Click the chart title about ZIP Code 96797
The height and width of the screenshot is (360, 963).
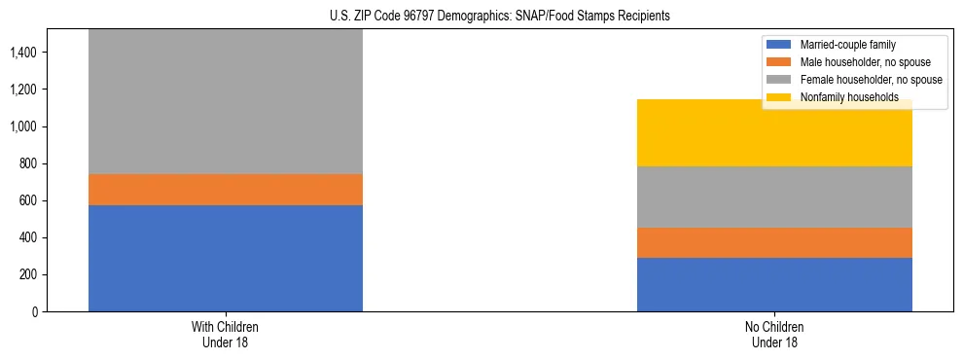coord(481,17)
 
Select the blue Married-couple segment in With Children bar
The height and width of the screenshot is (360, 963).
coord(226,258)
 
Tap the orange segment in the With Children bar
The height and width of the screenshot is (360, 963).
coord(226,190)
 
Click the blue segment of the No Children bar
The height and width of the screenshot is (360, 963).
coord(774,284)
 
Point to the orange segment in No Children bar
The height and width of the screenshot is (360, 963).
coord(774,242)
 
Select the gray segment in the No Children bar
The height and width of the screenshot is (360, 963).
coord(774,197)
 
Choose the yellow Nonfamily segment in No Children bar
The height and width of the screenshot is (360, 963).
coord(774,133)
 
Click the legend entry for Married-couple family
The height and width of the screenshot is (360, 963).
coord(847,45)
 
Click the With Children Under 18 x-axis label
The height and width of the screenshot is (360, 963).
coord(226,334)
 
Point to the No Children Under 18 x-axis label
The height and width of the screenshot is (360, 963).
coord(774,334)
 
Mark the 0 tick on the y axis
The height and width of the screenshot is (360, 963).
coord(35,311)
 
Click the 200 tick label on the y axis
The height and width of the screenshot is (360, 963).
coord(28,274)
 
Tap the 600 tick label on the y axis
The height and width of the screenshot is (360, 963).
coord(28,200)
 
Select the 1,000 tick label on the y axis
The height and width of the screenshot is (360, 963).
coord(24,126)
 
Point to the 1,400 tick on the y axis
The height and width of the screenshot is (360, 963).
coord(24,53)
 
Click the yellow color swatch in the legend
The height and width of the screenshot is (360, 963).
coord(779,97)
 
